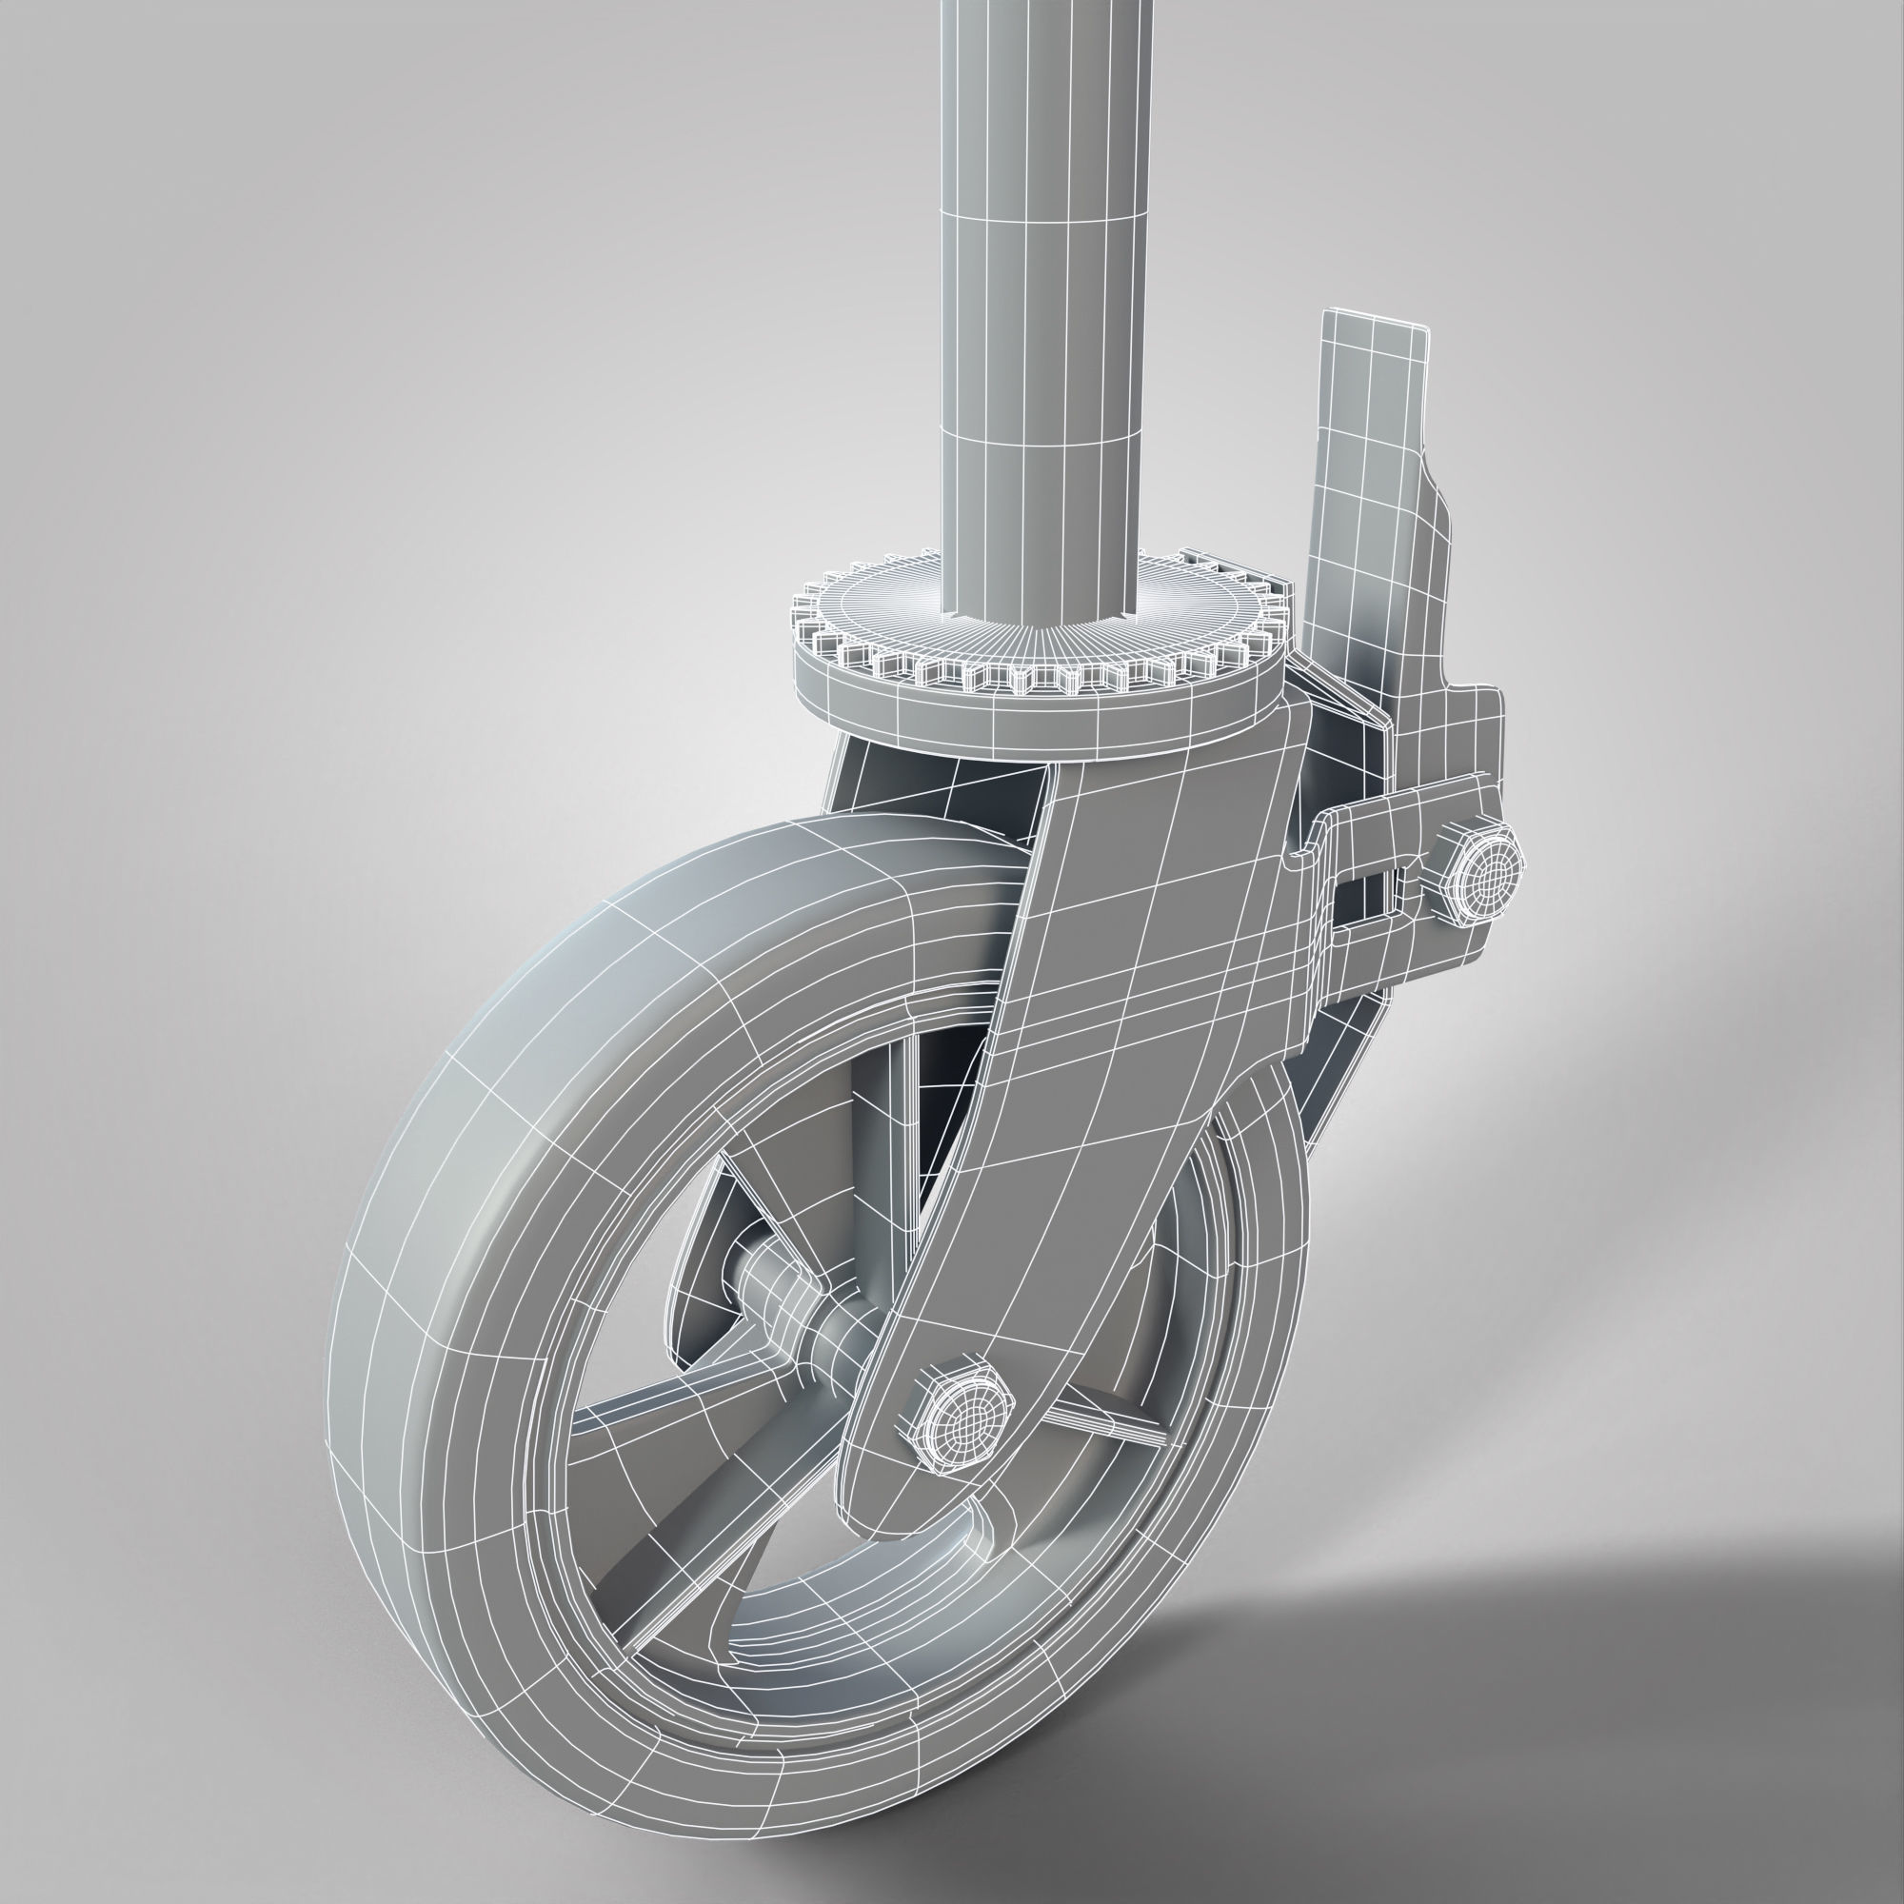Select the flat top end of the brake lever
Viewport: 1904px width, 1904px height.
(1375, 326)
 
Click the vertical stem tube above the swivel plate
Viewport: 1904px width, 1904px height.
(1044, 296)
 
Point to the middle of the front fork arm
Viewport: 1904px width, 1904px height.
(1103, 1035)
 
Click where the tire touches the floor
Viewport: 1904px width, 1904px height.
(867, 1823)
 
